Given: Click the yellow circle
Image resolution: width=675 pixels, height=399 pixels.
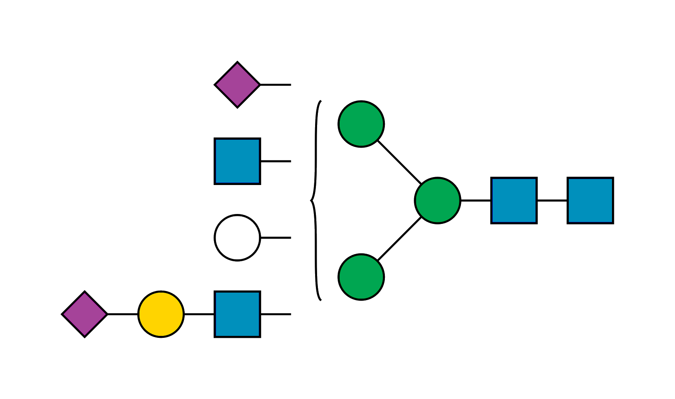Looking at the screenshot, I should pyautogui.click(x=161, y=314).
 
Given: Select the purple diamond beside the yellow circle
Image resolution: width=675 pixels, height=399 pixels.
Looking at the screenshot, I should pyautogui.click(x=84, y=314).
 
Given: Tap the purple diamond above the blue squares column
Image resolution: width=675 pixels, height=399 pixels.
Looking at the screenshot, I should pyautogui.click(x=237, y=85).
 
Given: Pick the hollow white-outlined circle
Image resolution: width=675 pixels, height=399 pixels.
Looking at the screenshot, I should pyautogui.click(x=237, y=237).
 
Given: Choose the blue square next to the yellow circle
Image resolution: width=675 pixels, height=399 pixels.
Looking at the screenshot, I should pyautogui.click(x=237, y=314).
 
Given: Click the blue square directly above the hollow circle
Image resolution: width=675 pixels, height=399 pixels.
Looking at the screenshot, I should pyautogui.click(x=237, y=161).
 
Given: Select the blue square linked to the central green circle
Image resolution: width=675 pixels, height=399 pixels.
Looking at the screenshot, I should pyautogui.click(x=514, y=200).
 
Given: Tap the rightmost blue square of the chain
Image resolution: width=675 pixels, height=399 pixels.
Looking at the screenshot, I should pyautogui.click(x=590, y=200).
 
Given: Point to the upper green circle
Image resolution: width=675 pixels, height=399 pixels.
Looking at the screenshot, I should pyautogui.click(x=361, y=124).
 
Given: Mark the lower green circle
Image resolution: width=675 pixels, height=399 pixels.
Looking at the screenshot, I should pyautogui.click(x=361, y=277).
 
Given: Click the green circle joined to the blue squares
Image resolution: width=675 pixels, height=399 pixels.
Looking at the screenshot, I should pyautogui.click(x=438, y=200).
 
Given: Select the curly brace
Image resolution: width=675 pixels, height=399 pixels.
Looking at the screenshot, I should pyautogui.click(x=316, y=200).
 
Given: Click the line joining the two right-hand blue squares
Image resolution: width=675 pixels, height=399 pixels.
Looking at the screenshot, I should pyautogui.click(x=552, y=200).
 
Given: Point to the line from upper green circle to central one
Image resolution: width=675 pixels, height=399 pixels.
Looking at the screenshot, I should pyautogui.click(x=399, y=162).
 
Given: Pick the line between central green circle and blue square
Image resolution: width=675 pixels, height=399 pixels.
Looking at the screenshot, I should pyautogui.click(x=476, y=200).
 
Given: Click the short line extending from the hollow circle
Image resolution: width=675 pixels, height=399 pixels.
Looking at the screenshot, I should pyautogui.click(x=276, y=238).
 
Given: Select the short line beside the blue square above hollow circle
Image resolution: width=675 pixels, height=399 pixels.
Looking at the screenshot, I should pyautogui.click(x=276, y=161).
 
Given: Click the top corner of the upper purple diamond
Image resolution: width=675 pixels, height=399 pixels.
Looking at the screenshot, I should pyautogui.click(x=237, y=63).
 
